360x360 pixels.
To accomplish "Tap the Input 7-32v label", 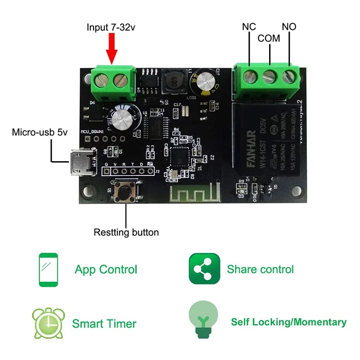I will (x=111, y=27).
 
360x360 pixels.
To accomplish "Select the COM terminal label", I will (x=269, y=39).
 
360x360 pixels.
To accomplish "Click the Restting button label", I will (x=126, y=233).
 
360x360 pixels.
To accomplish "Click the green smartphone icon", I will (x=48, y=270).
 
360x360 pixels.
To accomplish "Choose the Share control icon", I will (x=204, y=269).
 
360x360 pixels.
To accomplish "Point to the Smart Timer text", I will (x=104, y=324).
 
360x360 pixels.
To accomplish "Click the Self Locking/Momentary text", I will (x=288, y=322).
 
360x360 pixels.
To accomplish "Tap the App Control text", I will (x=106, y=270).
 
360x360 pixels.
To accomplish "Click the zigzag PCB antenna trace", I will (x=193, y=194).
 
